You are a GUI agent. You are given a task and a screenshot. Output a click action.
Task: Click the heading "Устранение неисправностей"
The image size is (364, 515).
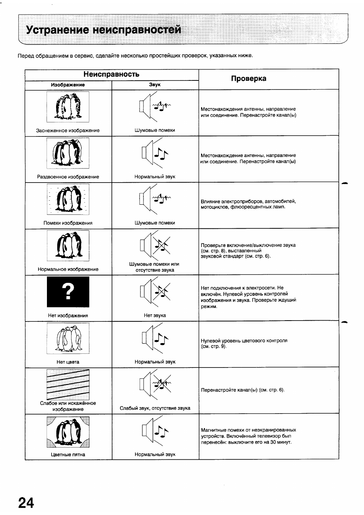point(103,30)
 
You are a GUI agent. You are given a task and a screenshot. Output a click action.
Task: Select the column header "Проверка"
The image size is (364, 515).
point(248,79)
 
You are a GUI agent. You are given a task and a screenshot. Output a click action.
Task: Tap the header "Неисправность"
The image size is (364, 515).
point(111,74)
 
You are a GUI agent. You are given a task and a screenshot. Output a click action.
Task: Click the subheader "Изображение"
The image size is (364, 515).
point(68,85)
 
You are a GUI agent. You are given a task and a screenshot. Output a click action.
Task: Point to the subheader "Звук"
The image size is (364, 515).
point(155,85)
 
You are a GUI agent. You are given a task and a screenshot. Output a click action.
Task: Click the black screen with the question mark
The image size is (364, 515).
point(68,292)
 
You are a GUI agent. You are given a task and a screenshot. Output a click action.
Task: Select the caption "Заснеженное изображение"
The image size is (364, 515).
point(68,130)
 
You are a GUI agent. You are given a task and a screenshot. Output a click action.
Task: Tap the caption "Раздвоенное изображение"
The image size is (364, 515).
point(68,177)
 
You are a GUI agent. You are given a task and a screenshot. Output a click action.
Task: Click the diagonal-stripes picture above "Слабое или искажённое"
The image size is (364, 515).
point(68,384)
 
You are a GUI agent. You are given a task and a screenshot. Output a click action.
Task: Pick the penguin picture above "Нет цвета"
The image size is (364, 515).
point(68,338)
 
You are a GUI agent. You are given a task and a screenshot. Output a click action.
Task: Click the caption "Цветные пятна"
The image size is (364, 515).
point(68,454)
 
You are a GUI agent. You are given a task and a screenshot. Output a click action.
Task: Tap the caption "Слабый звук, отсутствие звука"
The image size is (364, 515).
point(155,408)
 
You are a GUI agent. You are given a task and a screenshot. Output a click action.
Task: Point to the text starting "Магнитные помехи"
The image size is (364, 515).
point(248,436)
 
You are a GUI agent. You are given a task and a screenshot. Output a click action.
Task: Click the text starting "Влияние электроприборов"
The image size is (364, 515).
point(248,204)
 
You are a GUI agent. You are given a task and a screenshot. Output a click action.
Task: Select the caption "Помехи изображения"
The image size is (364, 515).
point(68,223)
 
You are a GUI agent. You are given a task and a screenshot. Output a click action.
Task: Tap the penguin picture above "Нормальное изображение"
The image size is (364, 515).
point(68,245)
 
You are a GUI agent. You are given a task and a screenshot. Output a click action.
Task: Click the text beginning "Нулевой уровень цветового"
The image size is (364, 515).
point(244,343)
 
